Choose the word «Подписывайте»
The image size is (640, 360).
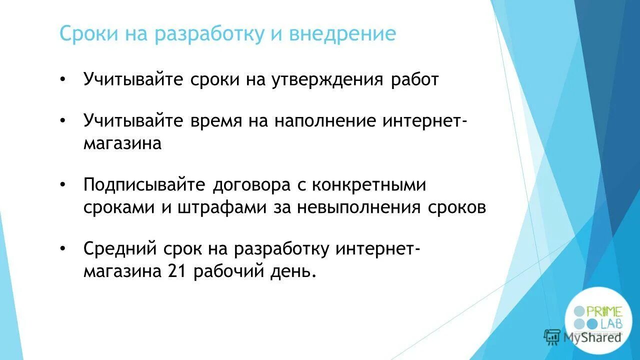tap(145, 185)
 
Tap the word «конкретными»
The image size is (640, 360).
tap(369, 185)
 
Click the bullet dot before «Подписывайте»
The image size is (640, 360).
tap(62, 185)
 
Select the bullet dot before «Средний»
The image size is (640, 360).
tap(62, 248)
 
